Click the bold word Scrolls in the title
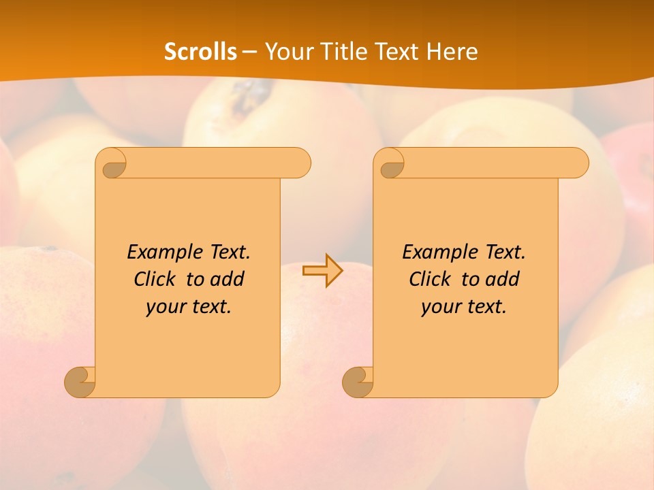(x=201, y=52)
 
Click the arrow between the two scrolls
(x=322, y=271)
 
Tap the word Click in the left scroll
(x=154, y=279)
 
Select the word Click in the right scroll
(x=429, y=279)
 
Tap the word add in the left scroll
(x=228, y=279)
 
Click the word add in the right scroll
(x=503, y=279)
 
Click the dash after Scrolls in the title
(x=249, y=52)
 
